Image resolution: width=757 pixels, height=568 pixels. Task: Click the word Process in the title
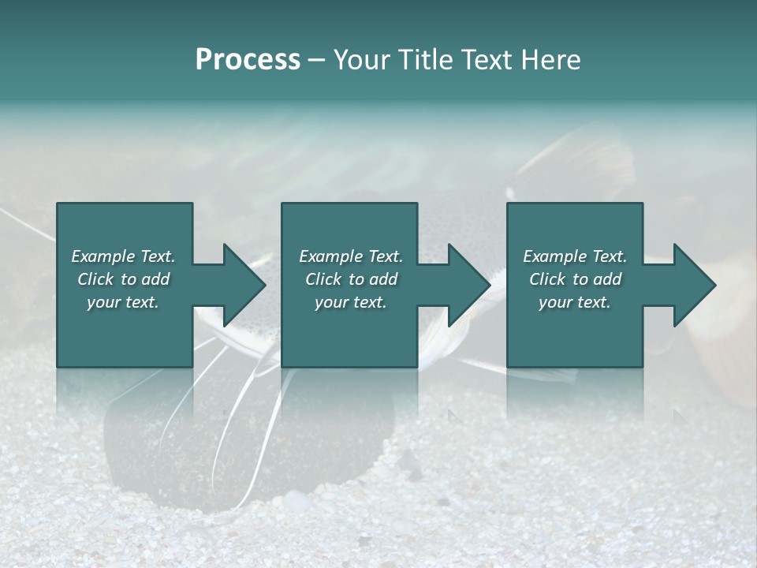[248, 60]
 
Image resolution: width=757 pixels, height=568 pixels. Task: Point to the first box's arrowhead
[244, 285]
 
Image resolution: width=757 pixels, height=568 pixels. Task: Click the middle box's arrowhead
[470, 285]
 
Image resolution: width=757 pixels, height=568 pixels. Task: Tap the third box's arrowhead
[695, 285]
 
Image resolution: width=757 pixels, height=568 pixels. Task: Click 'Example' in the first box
[104, 256]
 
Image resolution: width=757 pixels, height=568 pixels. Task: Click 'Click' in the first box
[96, 279]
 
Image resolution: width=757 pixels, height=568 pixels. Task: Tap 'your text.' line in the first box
[123, 302]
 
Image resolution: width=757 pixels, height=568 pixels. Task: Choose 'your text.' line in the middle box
[350, 302]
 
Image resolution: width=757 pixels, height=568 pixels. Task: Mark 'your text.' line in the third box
[575, 302]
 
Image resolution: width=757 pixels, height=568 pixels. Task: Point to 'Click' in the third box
[548, 279]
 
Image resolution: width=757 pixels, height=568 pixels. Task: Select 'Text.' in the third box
[609, 256]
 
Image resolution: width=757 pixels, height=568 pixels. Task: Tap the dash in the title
[317, 60]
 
